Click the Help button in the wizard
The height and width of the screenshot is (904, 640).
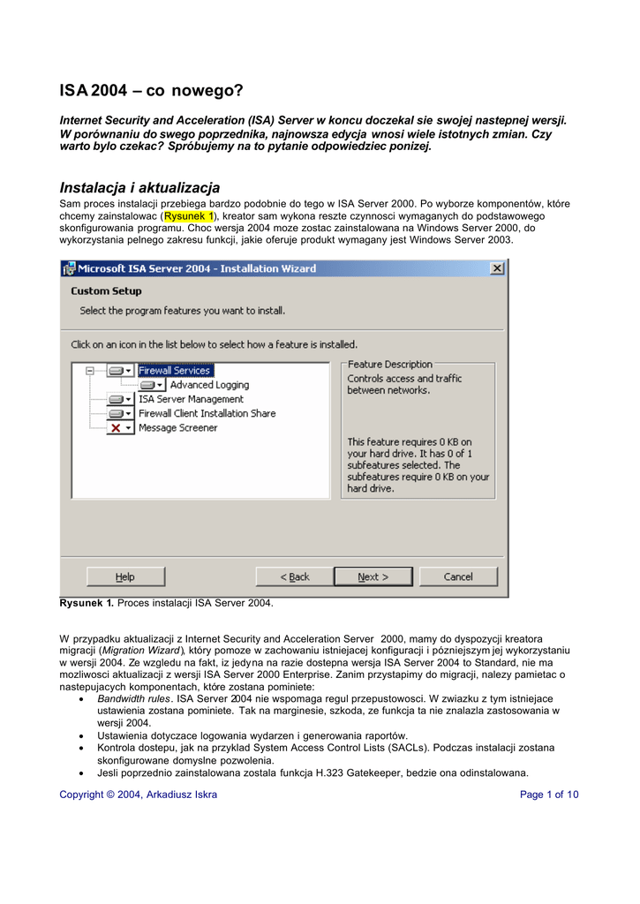(x=125, y=576)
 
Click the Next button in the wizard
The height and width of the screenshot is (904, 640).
(x=373, y=576)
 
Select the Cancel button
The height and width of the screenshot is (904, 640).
(x=458, y=576)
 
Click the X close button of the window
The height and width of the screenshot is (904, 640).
(x=497, y=268)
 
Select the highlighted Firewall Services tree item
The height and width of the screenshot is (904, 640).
(x=175, y=371)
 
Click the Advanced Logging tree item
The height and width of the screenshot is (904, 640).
(x=209, y=385)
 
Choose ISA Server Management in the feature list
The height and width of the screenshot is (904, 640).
(x=191, y=399)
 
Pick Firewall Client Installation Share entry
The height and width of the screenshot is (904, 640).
(x=207, y=413)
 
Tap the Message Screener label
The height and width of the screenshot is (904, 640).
(x=177, y=427)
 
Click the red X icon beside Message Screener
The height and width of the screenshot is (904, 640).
(x=116, y=427)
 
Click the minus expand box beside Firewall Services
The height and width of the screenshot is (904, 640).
(x=90, y=371)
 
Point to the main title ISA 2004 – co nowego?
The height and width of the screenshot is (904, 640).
(x=150, y=90)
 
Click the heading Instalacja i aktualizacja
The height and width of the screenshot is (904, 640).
(x=139, y=187)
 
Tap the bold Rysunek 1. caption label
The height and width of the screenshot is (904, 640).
(x=87, y=603)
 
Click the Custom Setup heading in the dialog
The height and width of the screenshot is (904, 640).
(x=106, y=290)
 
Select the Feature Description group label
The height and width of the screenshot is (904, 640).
(x=390, y=364)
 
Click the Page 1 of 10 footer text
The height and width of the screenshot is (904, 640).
(x=550, y=795)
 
